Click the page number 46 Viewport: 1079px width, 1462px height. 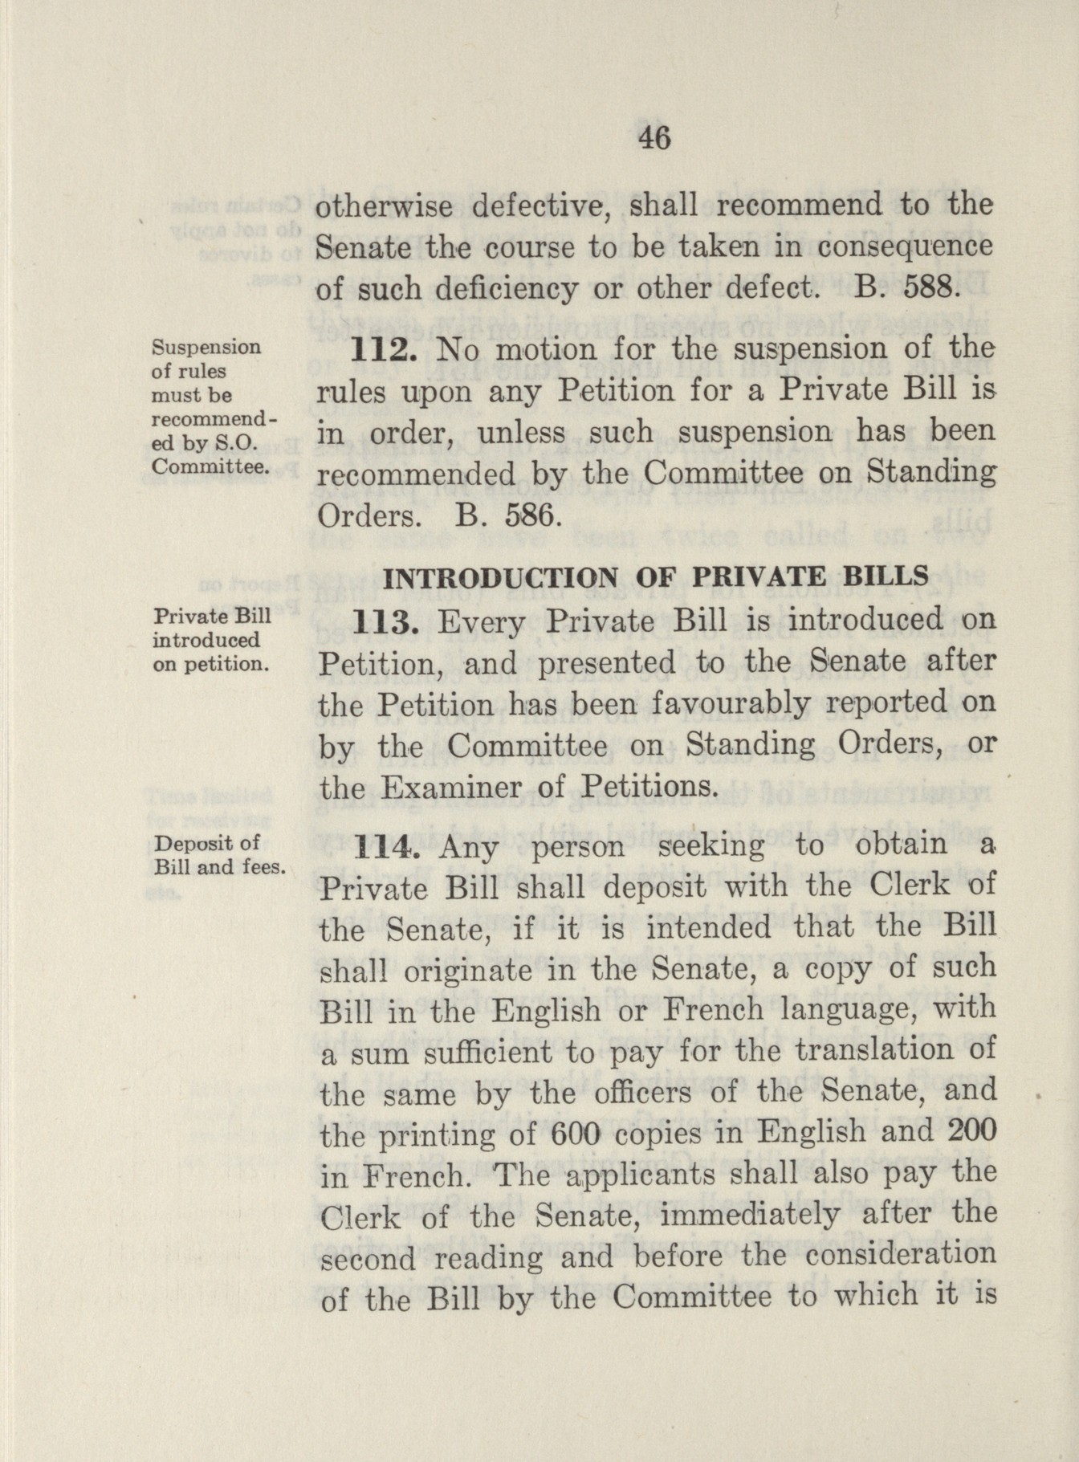(654, 138)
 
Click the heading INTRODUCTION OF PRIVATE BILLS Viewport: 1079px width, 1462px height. (657, 576)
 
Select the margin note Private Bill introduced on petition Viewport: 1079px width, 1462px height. (211, 640)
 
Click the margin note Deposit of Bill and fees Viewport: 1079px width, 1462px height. (219, 854)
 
